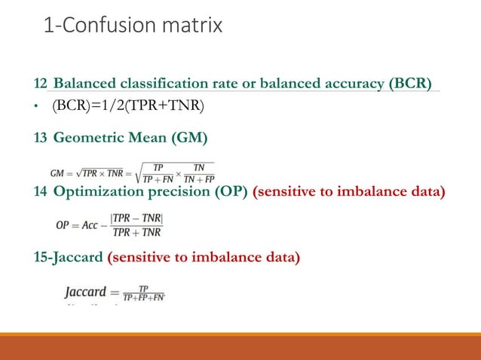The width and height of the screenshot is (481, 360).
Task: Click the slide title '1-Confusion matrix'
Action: (133, 26)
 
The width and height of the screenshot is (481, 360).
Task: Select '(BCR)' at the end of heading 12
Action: (409, 82)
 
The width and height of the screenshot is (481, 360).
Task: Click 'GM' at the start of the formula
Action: (58, 172)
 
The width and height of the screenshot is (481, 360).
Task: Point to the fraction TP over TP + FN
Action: (158, 172)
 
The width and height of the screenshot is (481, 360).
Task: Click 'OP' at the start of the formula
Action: (63, 224)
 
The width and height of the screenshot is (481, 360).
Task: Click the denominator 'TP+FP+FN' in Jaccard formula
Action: (145, 298)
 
